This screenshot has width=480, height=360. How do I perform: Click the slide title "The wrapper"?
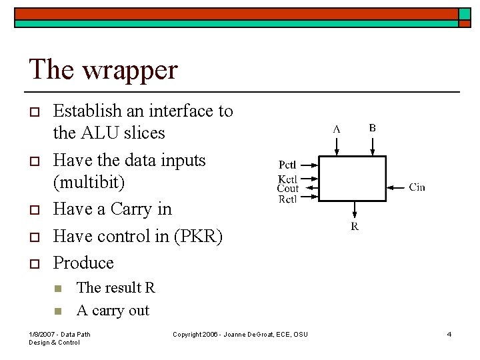click(103, 69)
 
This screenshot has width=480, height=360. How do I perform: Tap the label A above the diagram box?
click(337, 129)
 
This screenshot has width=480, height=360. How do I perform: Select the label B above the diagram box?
click(372, 128)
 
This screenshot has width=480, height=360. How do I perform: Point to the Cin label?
click(417, 187)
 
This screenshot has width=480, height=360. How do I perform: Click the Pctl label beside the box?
click(287, 165)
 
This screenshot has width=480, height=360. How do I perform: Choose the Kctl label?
click(287, 179)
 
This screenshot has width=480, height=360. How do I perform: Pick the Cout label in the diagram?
click(287, 189)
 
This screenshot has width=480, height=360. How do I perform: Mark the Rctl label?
click(287, 199)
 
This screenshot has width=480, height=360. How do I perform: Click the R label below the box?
click(355, 227)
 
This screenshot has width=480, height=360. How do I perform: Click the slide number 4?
click(449, 334)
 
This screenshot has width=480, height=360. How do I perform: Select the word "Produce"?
click(83, 263)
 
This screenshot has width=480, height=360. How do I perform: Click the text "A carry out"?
click(113, 310)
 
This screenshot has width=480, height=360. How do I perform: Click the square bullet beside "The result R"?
click(58, 289)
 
